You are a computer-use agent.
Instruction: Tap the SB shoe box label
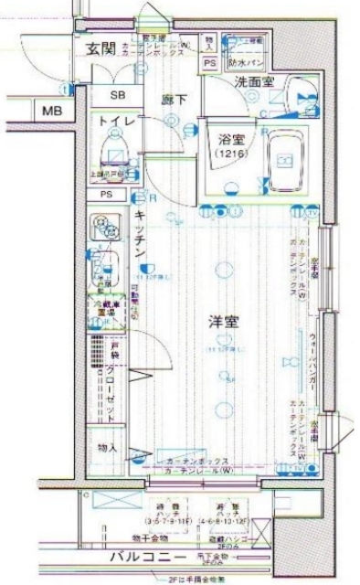point(120,95)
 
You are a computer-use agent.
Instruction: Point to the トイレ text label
point(118,122)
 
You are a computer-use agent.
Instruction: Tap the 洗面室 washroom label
point(254,83)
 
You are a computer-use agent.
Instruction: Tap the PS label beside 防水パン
point(209,63)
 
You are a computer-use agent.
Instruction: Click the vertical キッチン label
point(142,232)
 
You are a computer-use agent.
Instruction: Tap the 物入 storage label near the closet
point(107,448)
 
